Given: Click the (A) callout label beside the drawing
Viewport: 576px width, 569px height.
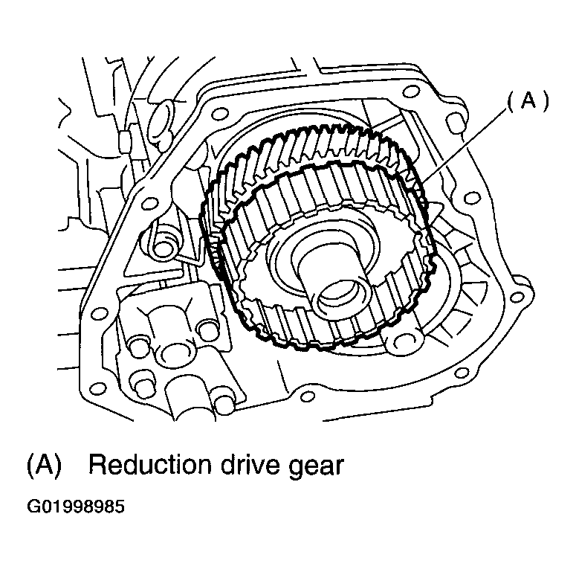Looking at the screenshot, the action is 528,100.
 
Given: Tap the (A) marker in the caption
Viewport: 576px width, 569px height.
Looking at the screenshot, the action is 44,465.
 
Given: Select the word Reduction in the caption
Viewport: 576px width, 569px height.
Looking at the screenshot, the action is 150,465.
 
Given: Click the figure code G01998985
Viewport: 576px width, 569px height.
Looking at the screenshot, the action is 76,506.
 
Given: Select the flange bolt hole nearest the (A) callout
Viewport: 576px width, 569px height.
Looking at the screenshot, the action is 454,123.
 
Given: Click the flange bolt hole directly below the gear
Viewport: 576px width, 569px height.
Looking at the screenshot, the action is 307,396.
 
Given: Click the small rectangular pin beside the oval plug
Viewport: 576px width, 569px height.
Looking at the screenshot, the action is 124,141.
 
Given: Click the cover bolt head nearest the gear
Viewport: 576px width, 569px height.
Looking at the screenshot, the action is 207,328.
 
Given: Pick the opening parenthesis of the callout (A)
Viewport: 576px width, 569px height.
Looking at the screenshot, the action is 511,101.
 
